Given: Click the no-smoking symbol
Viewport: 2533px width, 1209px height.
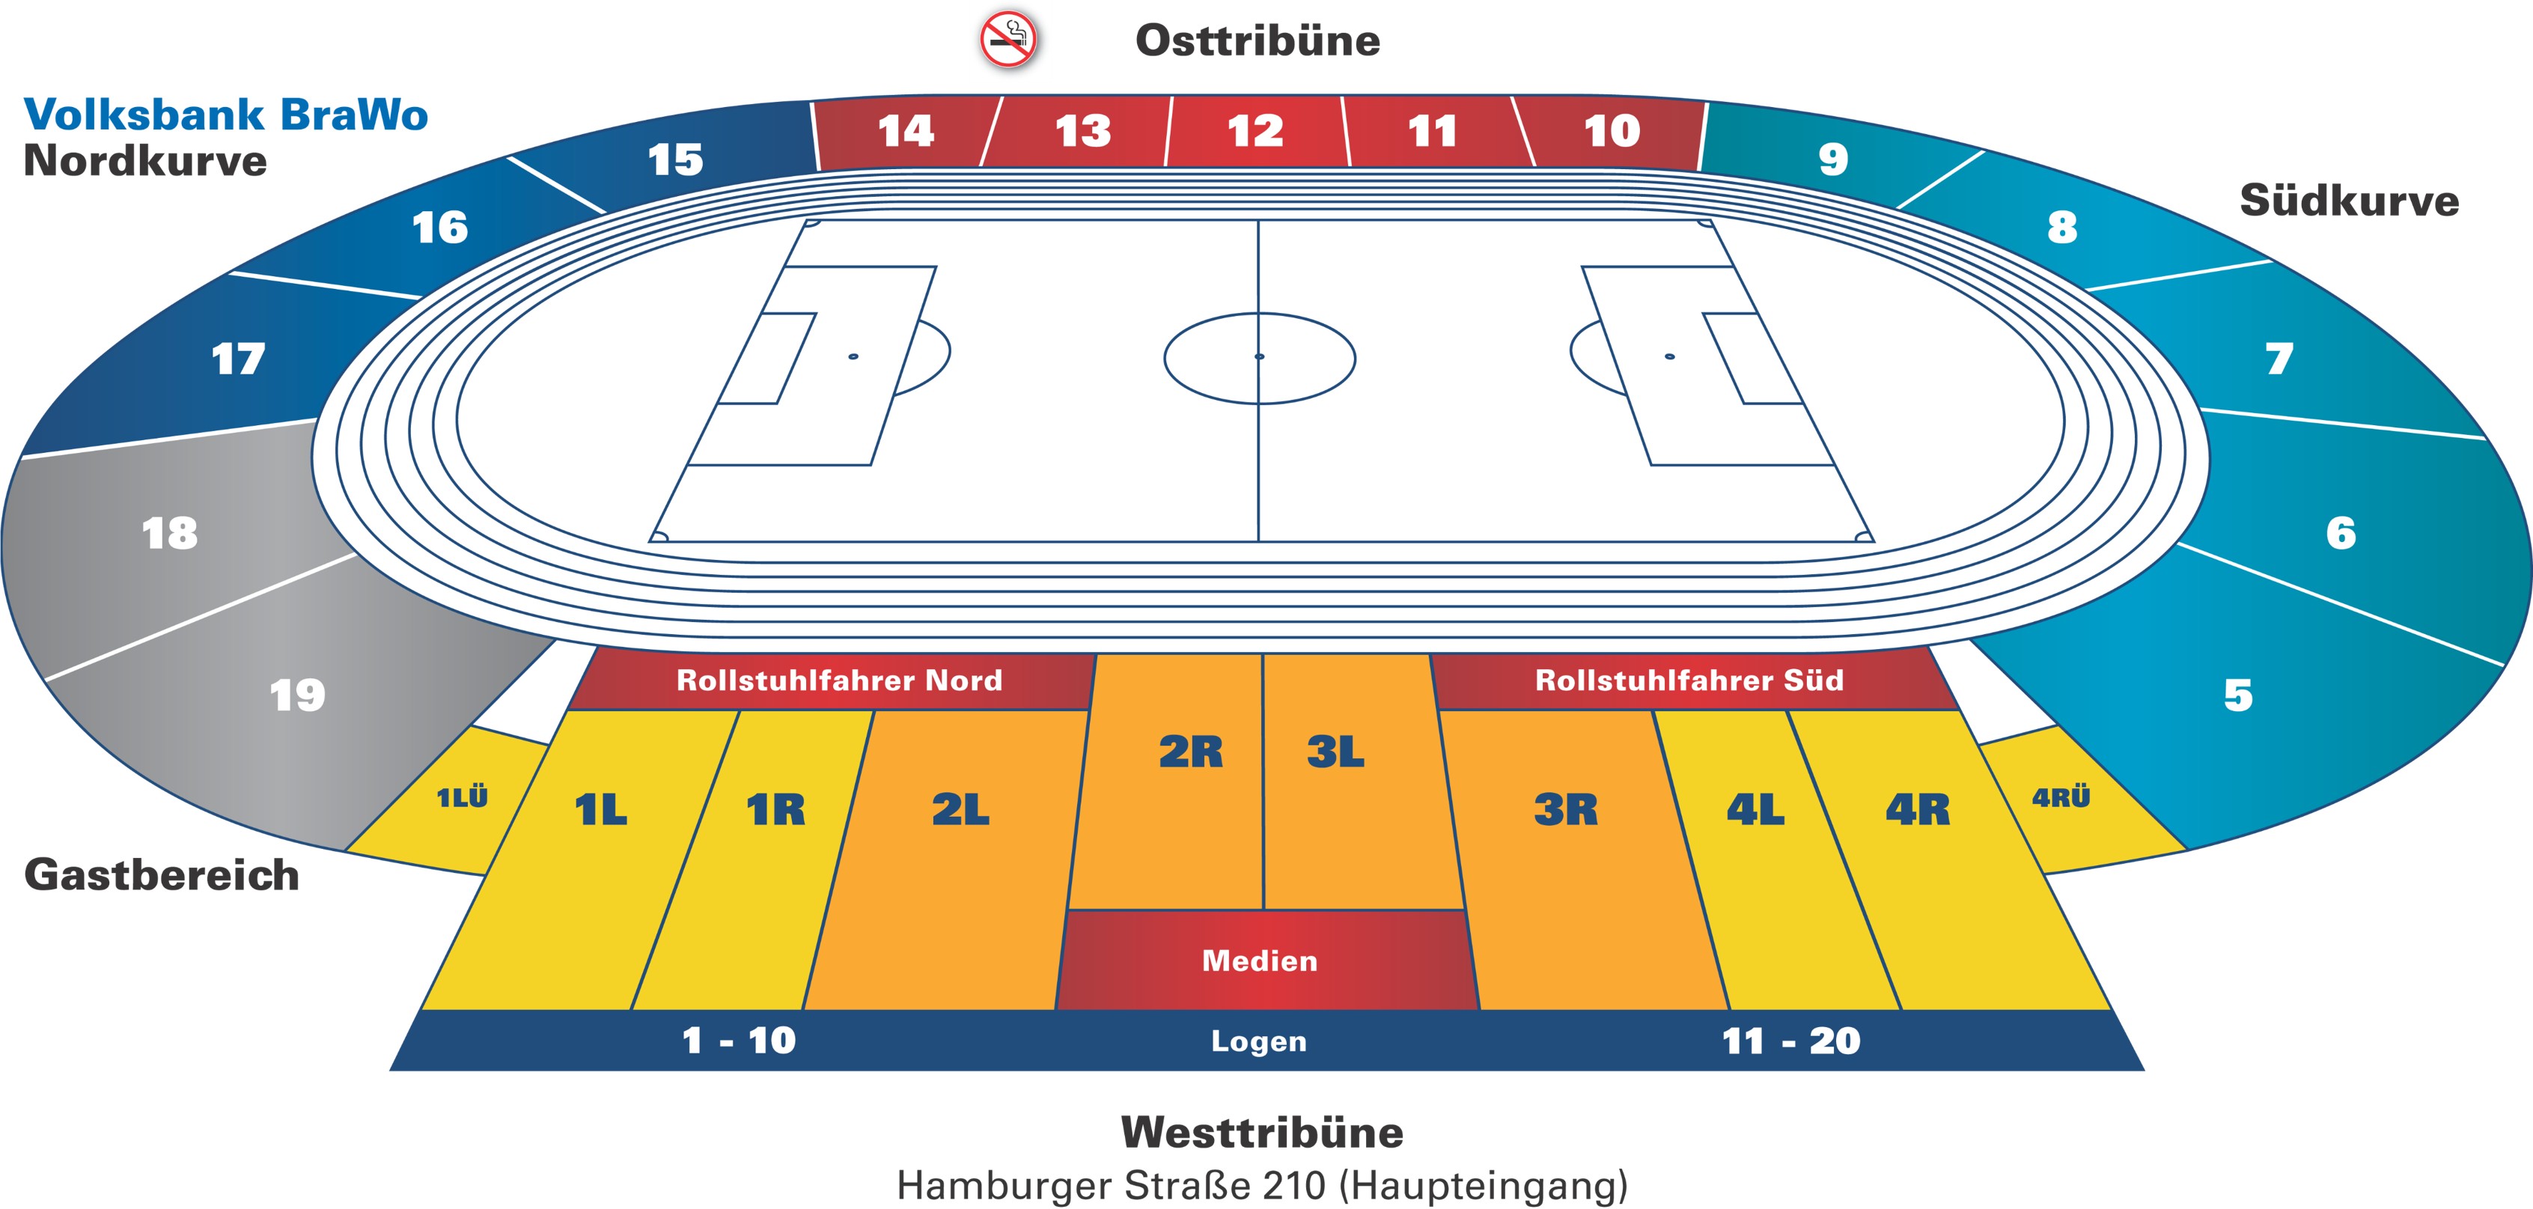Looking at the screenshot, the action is [1008, 40].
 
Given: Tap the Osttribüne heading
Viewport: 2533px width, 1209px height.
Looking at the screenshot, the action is [1258, 40].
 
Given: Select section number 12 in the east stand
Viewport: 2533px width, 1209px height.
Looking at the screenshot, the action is [1255, 131].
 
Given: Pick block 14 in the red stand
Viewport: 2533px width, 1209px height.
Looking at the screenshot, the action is [905, 131].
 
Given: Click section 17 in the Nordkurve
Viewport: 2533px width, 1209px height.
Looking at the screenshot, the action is [238, 359].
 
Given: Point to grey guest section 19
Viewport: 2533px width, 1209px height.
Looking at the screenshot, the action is [297, 695].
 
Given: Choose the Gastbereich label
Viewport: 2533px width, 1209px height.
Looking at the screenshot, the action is [161, 874].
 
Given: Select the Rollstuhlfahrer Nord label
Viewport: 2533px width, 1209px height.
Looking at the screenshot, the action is [839, 680].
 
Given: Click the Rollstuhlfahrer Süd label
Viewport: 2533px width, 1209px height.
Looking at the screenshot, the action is [1689, 680].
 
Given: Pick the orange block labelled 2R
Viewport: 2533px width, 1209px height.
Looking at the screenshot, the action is [1190, 752].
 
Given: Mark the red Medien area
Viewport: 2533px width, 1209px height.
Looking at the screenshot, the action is [1260, 960].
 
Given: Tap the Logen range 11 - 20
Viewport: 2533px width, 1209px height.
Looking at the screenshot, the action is [1790, 1041].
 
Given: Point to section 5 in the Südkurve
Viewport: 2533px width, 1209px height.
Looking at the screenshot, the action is [2238, 695].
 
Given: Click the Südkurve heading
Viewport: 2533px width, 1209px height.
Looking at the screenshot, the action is [2349, 201].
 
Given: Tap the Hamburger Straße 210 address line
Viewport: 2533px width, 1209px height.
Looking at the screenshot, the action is [1261, 1184].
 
